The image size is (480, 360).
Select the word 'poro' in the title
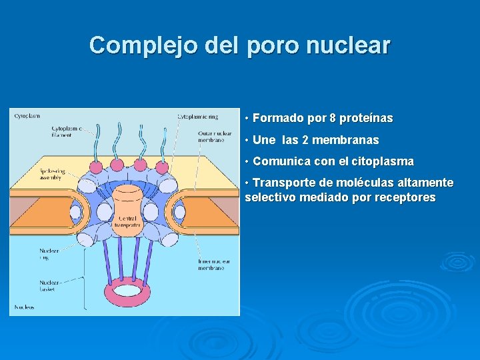(x=274, y=45)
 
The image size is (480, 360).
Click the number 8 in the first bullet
(x=332, y=119)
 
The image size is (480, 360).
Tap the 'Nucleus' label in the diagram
(x=24, y=307)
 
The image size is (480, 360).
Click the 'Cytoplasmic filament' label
(x=67, y=132)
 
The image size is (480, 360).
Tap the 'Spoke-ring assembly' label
(x=51, y=175)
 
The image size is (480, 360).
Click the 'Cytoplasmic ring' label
(x=197, y=117)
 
